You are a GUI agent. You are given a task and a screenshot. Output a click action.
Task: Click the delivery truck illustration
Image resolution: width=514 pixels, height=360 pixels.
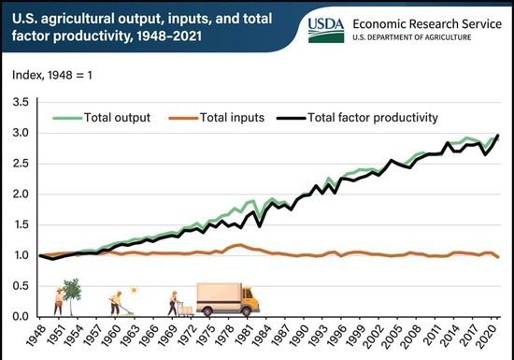(227, 298)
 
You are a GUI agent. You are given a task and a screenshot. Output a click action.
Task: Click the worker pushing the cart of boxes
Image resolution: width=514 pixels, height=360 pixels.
(174, 302)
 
